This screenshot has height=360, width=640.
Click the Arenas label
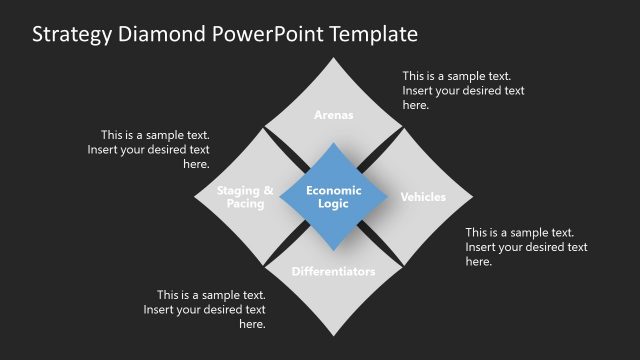(334, 115)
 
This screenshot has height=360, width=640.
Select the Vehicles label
(423, 197)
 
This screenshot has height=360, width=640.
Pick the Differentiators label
(334, 271)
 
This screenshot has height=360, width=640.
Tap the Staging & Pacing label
(245, 197)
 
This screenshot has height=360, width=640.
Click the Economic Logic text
(334, 197)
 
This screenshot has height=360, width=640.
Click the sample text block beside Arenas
(463, 90)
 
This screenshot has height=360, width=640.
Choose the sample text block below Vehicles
(526, 247)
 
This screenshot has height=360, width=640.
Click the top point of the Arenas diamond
(334, 58)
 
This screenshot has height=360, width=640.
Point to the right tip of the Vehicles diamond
(473, 197)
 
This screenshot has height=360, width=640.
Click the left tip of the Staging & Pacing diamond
(195, 197)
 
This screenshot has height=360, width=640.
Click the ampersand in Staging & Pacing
(267, 190)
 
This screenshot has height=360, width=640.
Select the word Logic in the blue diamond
(334, 204)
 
